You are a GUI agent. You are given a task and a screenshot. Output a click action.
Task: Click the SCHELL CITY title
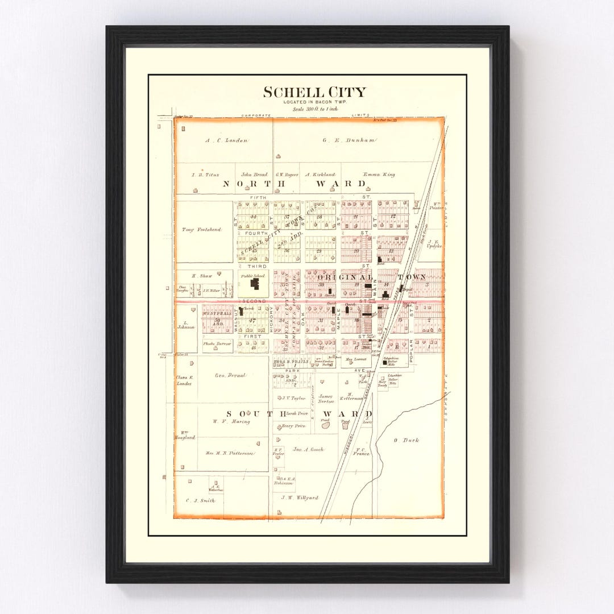tap(314, 93)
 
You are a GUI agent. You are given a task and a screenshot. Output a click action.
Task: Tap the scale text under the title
tap(314, 108)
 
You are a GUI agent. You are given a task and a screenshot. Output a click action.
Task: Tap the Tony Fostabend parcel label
tap(196, 230)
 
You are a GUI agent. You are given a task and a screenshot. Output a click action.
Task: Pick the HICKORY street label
tap(272, 321)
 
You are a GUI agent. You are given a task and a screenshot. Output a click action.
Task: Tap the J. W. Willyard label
tap(300, 497)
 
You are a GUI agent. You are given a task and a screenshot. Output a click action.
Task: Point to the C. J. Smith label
tap(200, 501)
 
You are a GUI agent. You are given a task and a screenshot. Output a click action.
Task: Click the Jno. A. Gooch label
tap(308, 449)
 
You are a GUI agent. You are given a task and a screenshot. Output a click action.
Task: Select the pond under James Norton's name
tap(326, 424)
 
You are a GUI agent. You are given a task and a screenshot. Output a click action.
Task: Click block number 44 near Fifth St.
tap(252, 217)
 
